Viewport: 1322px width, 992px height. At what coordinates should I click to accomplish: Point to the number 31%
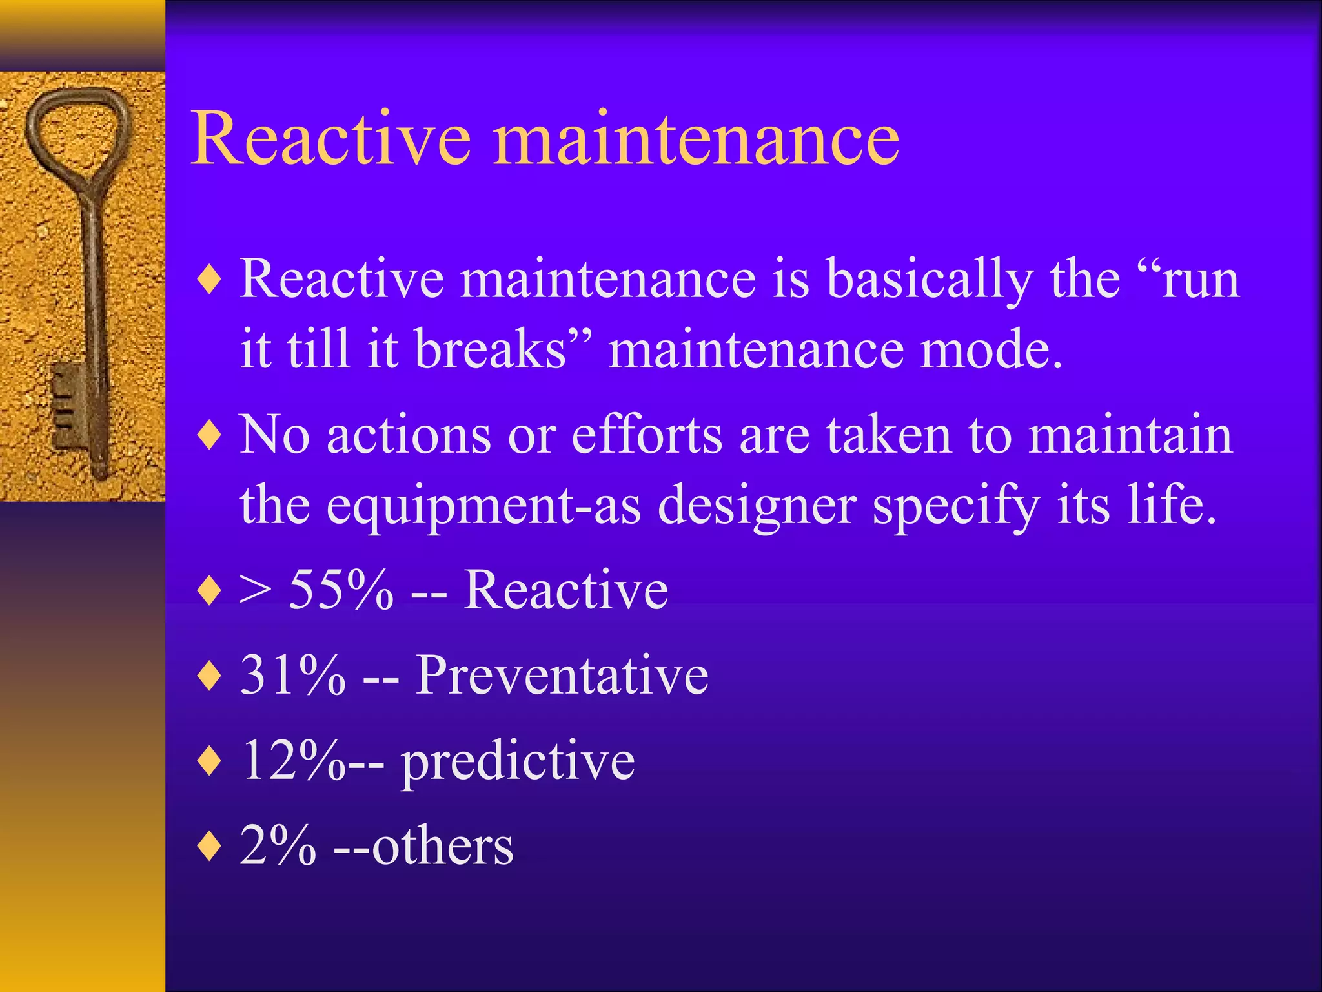pyautogui.click(x=293, y=675)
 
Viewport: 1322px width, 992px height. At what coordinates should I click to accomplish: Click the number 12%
pyautogui.click(x=294, y=760)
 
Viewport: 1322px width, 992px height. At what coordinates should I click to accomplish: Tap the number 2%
pyautogui.click(x=278, y=845)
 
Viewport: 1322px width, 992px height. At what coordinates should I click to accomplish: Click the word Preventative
pyautogui.click(x=562, y=675)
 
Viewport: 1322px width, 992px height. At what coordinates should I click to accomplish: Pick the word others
pyautogui.click(x=443, y=845)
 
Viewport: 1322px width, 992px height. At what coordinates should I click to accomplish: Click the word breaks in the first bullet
pyautogui.click(x=491, y=349)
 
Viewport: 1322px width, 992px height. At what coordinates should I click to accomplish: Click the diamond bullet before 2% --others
pyautogui.click(x=210, y=846)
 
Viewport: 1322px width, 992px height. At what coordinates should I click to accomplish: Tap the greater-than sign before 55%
pyautogui.click(x=254, y=590)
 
